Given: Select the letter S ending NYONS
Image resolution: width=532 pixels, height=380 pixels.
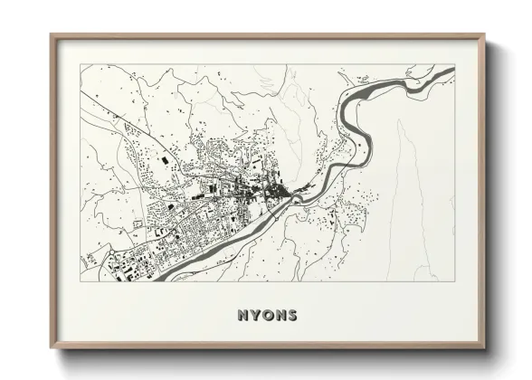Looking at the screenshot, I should [292, 316].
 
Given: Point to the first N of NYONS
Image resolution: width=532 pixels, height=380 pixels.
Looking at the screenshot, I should [242, 316].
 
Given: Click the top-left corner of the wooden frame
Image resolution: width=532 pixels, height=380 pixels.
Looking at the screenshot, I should [51, 35].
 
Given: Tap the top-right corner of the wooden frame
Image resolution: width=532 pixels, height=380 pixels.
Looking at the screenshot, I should [484, 35].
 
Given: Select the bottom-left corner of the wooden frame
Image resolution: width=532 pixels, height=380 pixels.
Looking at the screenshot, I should [51, 348].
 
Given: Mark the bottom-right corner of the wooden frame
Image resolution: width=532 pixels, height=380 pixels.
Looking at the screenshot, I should [484, 348].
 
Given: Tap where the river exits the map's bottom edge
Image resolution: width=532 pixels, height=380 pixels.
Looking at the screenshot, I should [158, 279].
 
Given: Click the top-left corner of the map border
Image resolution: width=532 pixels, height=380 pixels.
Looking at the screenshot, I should [81, 65].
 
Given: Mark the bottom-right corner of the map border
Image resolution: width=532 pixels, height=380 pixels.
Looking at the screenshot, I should [454, 280].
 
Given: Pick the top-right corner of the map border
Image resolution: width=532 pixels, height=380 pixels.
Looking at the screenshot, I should [454, 65].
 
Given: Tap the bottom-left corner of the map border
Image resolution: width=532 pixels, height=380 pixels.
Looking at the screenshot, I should [81, 280].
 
